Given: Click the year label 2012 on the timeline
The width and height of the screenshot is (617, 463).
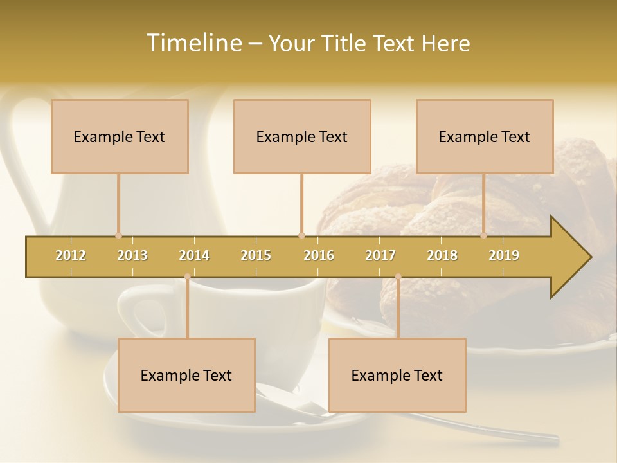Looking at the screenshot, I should [71, 255].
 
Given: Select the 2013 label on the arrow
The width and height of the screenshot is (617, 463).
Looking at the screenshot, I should [132, 255].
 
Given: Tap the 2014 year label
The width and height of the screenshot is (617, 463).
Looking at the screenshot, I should [194, 255].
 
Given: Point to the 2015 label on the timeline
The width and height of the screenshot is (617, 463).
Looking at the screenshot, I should [256, 255].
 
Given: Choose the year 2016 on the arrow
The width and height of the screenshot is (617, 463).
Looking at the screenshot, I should [319, 255].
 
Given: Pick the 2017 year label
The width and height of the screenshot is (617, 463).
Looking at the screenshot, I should [380, 255].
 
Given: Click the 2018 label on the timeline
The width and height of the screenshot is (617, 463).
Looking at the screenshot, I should [442, 255].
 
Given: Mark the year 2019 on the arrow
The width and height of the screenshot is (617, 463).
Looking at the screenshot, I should [504, 255].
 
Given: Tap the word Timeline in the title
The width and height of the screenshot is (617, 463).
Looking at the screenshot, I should [193, 43].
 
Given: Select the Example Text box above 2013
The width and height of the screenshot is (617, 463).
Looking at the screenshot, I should [120, 136].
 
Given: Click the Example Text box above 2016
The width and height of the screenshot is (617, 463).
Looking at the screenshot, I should [302, 136].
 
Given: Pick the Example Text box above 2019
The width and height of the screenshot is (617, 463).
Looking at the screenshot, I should [485, 136].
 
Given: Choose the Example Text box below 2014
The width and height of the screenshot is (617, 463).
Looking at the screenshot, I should [186, 375].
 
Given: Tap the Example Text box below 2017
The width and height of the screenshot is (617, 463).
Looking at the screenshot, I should [397, 375].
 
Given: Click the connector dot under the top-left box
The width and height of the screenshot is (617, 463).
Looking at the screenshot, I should [118, 235].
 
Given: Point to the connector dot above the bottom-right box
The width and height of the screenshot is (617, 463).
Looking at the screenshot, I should [398, 277].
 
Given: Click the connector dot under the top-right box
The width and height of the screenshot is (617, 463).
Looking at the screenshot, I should [484, 235].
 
